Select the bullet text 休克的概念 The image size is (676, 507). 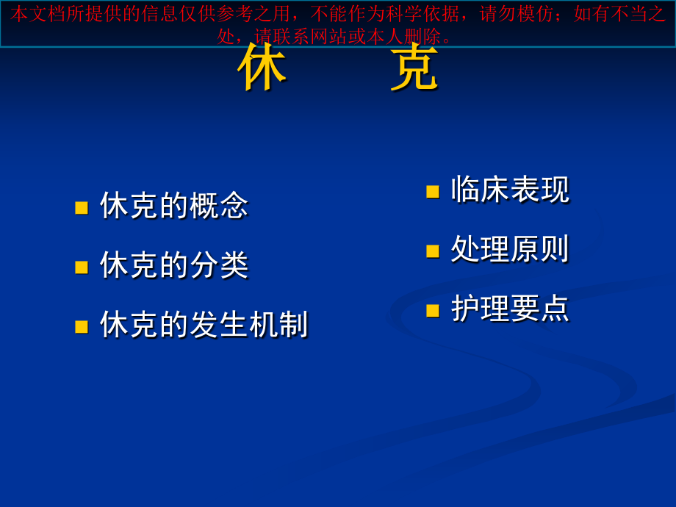click(x=174, y=205)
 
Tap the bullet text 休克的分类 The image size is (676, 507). click(x=174, y=265)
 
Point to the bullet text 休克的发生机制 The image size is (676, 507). click(x=204, y=324)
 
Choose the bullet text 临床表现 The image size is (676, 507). click(x=510, y=190)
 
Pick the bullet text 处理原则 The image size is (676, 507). click(x=510, y=249)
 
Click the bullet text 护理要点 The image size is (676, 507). click(x=510, y=308)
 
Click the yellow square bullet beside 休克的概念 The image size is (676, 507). click(x=82, y=207)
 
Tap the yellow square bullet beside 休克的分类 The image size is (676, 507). click(x=82, y=267)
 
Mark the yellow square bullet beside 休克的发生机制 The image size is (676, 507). click(x=82, y=326)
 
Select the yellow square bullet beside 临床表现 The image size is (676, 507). click(x=433, y=192)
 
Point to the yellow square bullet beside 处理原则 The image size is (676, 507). click(x=433, y=251)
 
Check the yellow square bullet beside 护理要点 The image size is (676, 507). click(x=433, y=310)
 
